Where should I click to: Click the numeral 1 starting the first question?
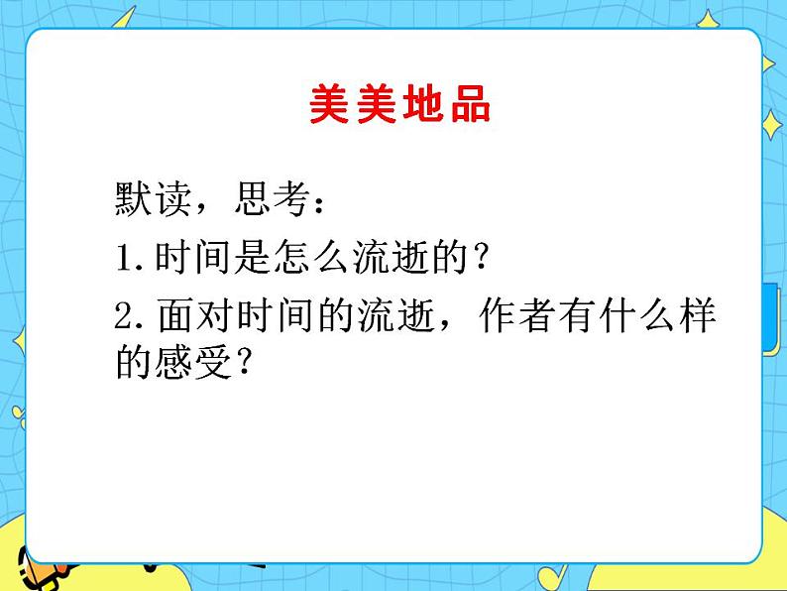click(124, 261)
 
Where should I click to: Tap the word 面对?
click(183, 318)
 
